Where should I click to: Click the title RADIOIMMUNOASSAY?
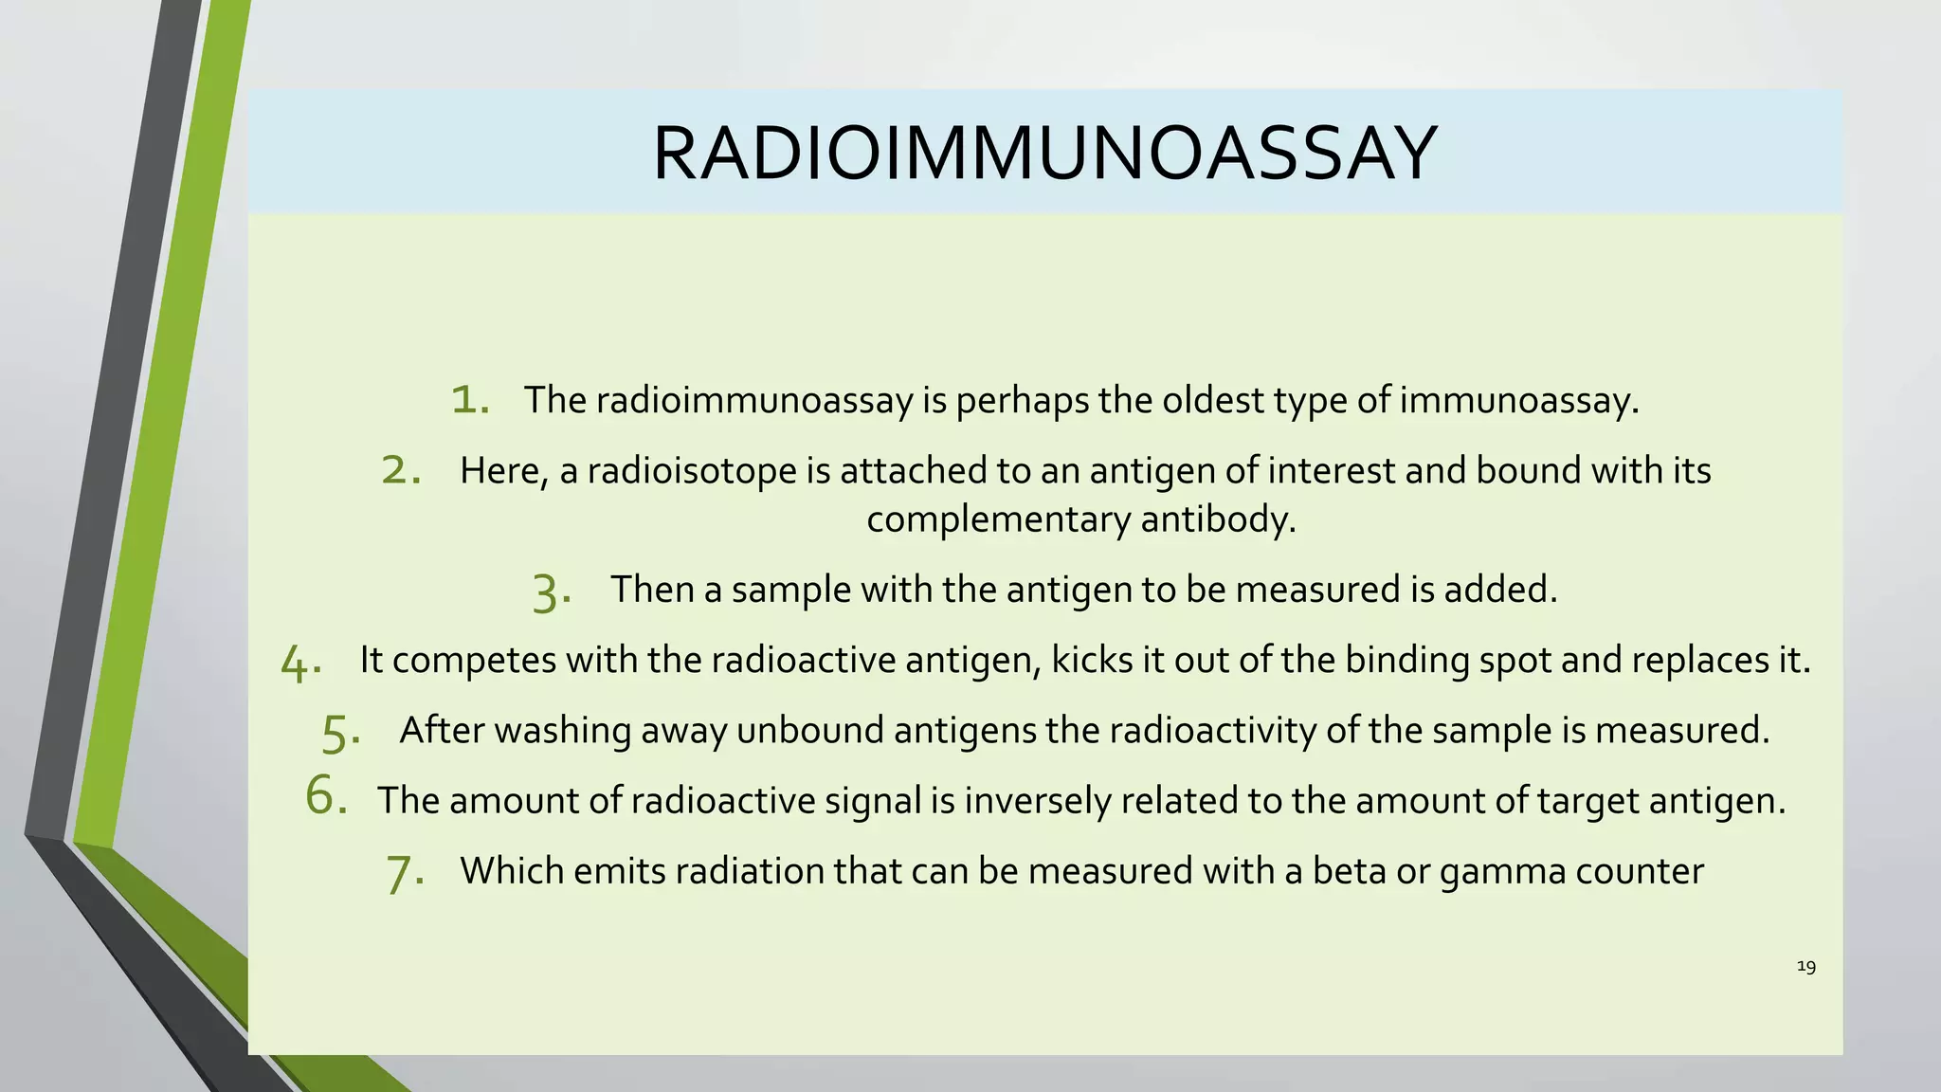click(x=1044, y=154)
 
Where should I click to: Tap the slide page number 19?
click(x=1805, y=966)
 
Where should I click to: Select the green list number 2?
click(x=400, y=469)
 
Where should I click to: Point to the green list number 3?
click(x=551, y=591)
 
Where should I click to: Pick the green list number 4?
click(x=300, y=662)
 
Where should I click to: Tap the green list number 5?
click(x=339, y=732)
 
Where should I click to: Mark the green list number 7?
click(x=404, y=872)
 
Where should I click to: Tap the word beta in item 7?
click(x=1349, y=870)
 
